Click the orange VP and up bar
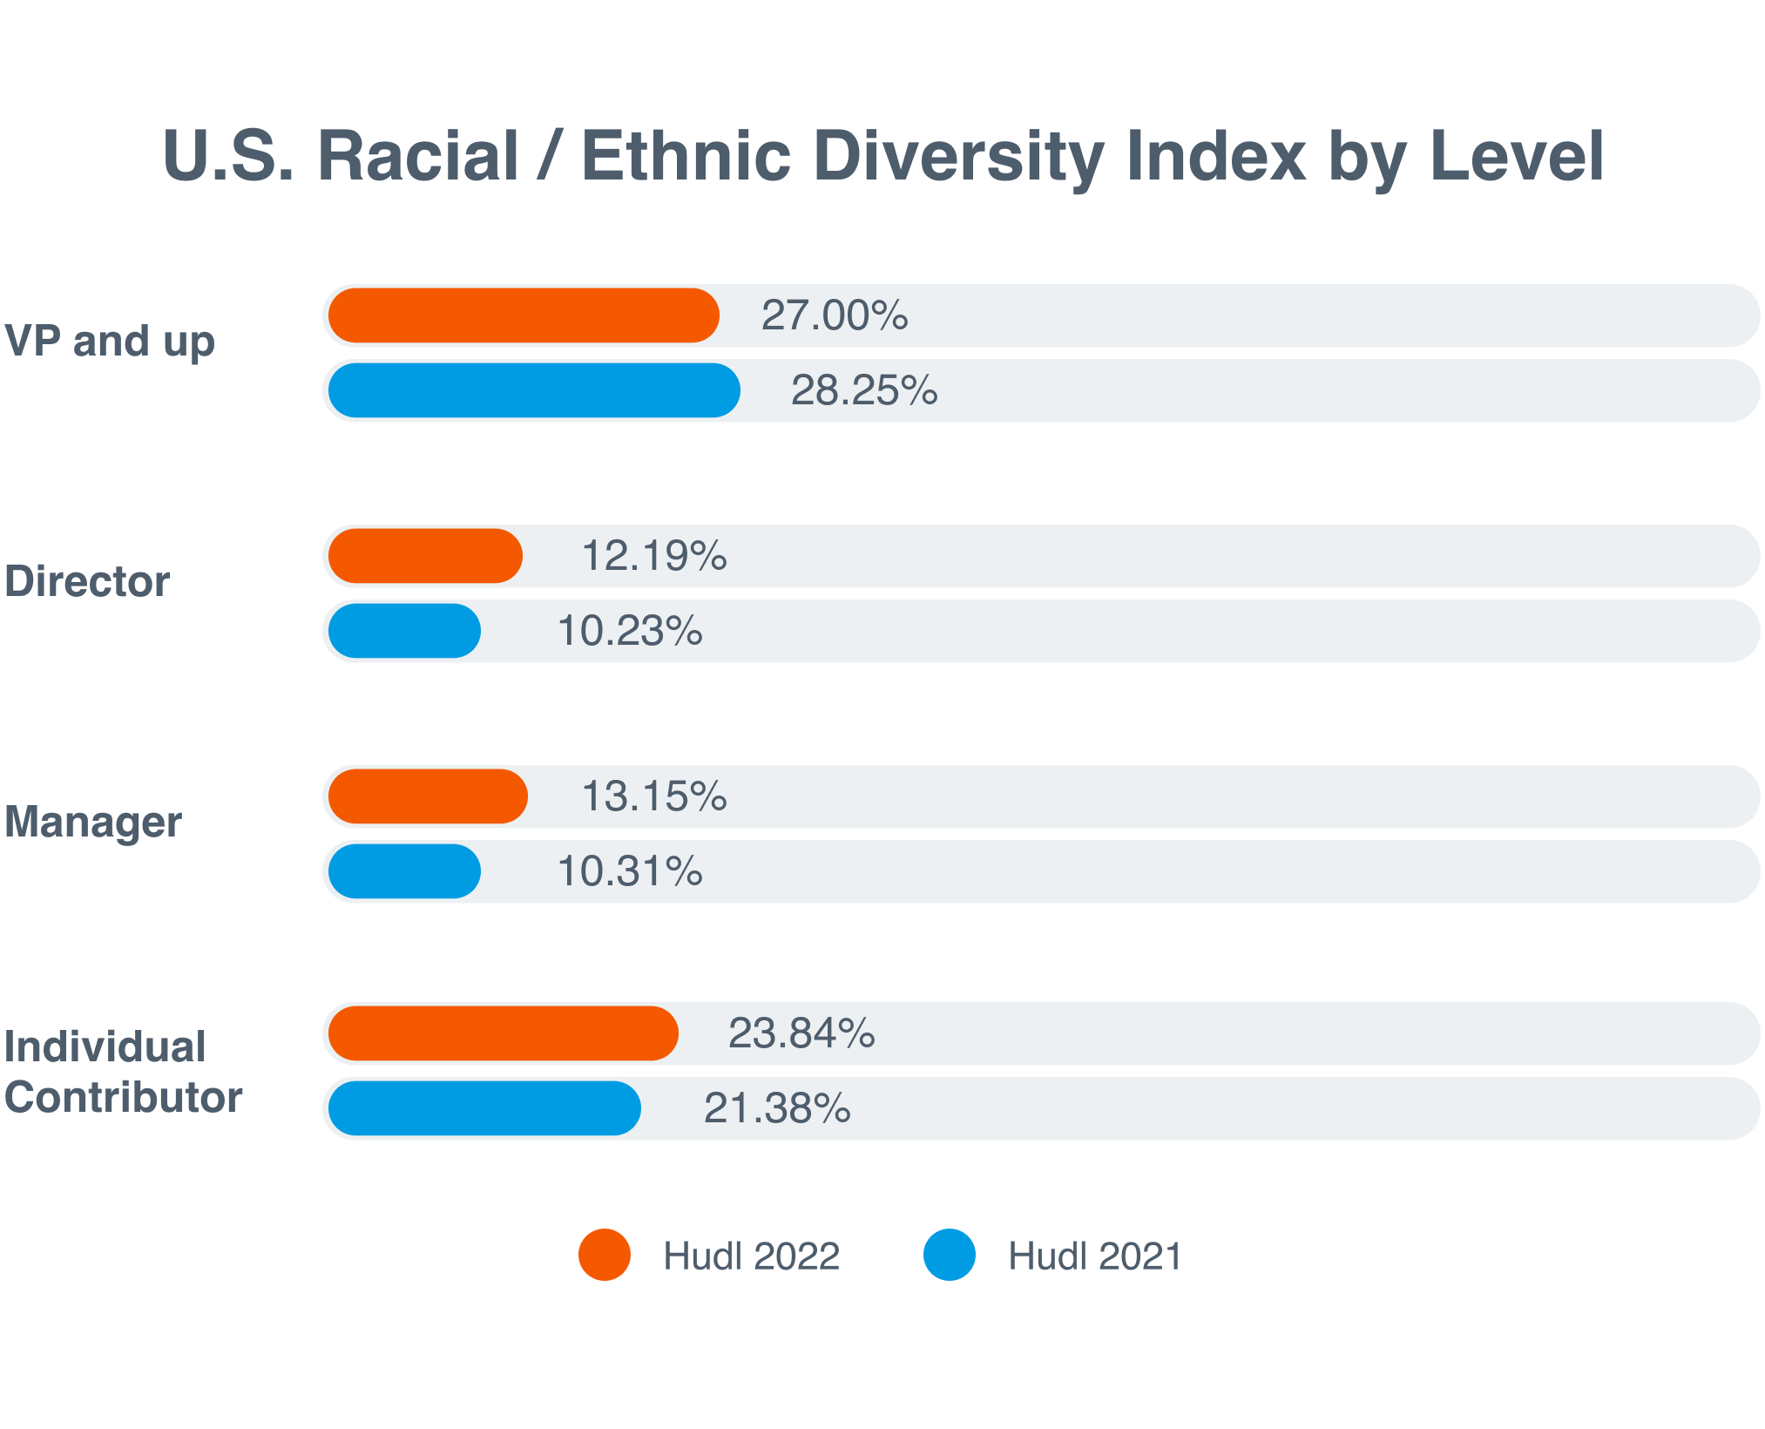click(524, 315)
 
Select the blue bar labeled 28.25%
click(534, 390)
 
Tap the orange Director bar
click(425, 556)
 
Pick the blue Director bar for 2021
click(404, 631)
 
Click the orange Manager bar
click(428, 796)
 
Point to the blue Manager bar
click(404, 871)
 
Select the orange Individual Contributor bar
click(503, 1033)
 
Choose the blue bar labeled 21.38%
click(484, 1108)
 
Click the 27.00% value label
click(834, 315)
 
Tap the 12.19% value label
click(653, 556)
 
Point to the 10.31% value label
click(629, 871)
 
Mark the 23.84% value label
click(801, 1033)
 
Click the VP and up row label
click(109, 341)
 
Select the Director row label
click(87, 581)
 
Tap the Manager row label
click(93, 822)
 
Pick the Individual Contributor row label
click(122, 1072)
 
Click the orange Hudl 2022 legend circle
click(605, 1255)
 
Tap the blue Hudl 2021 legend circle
click(950, 1255)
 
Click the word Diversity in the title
click(958, 157)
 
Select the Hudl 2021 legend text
click(1094, 1256)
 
